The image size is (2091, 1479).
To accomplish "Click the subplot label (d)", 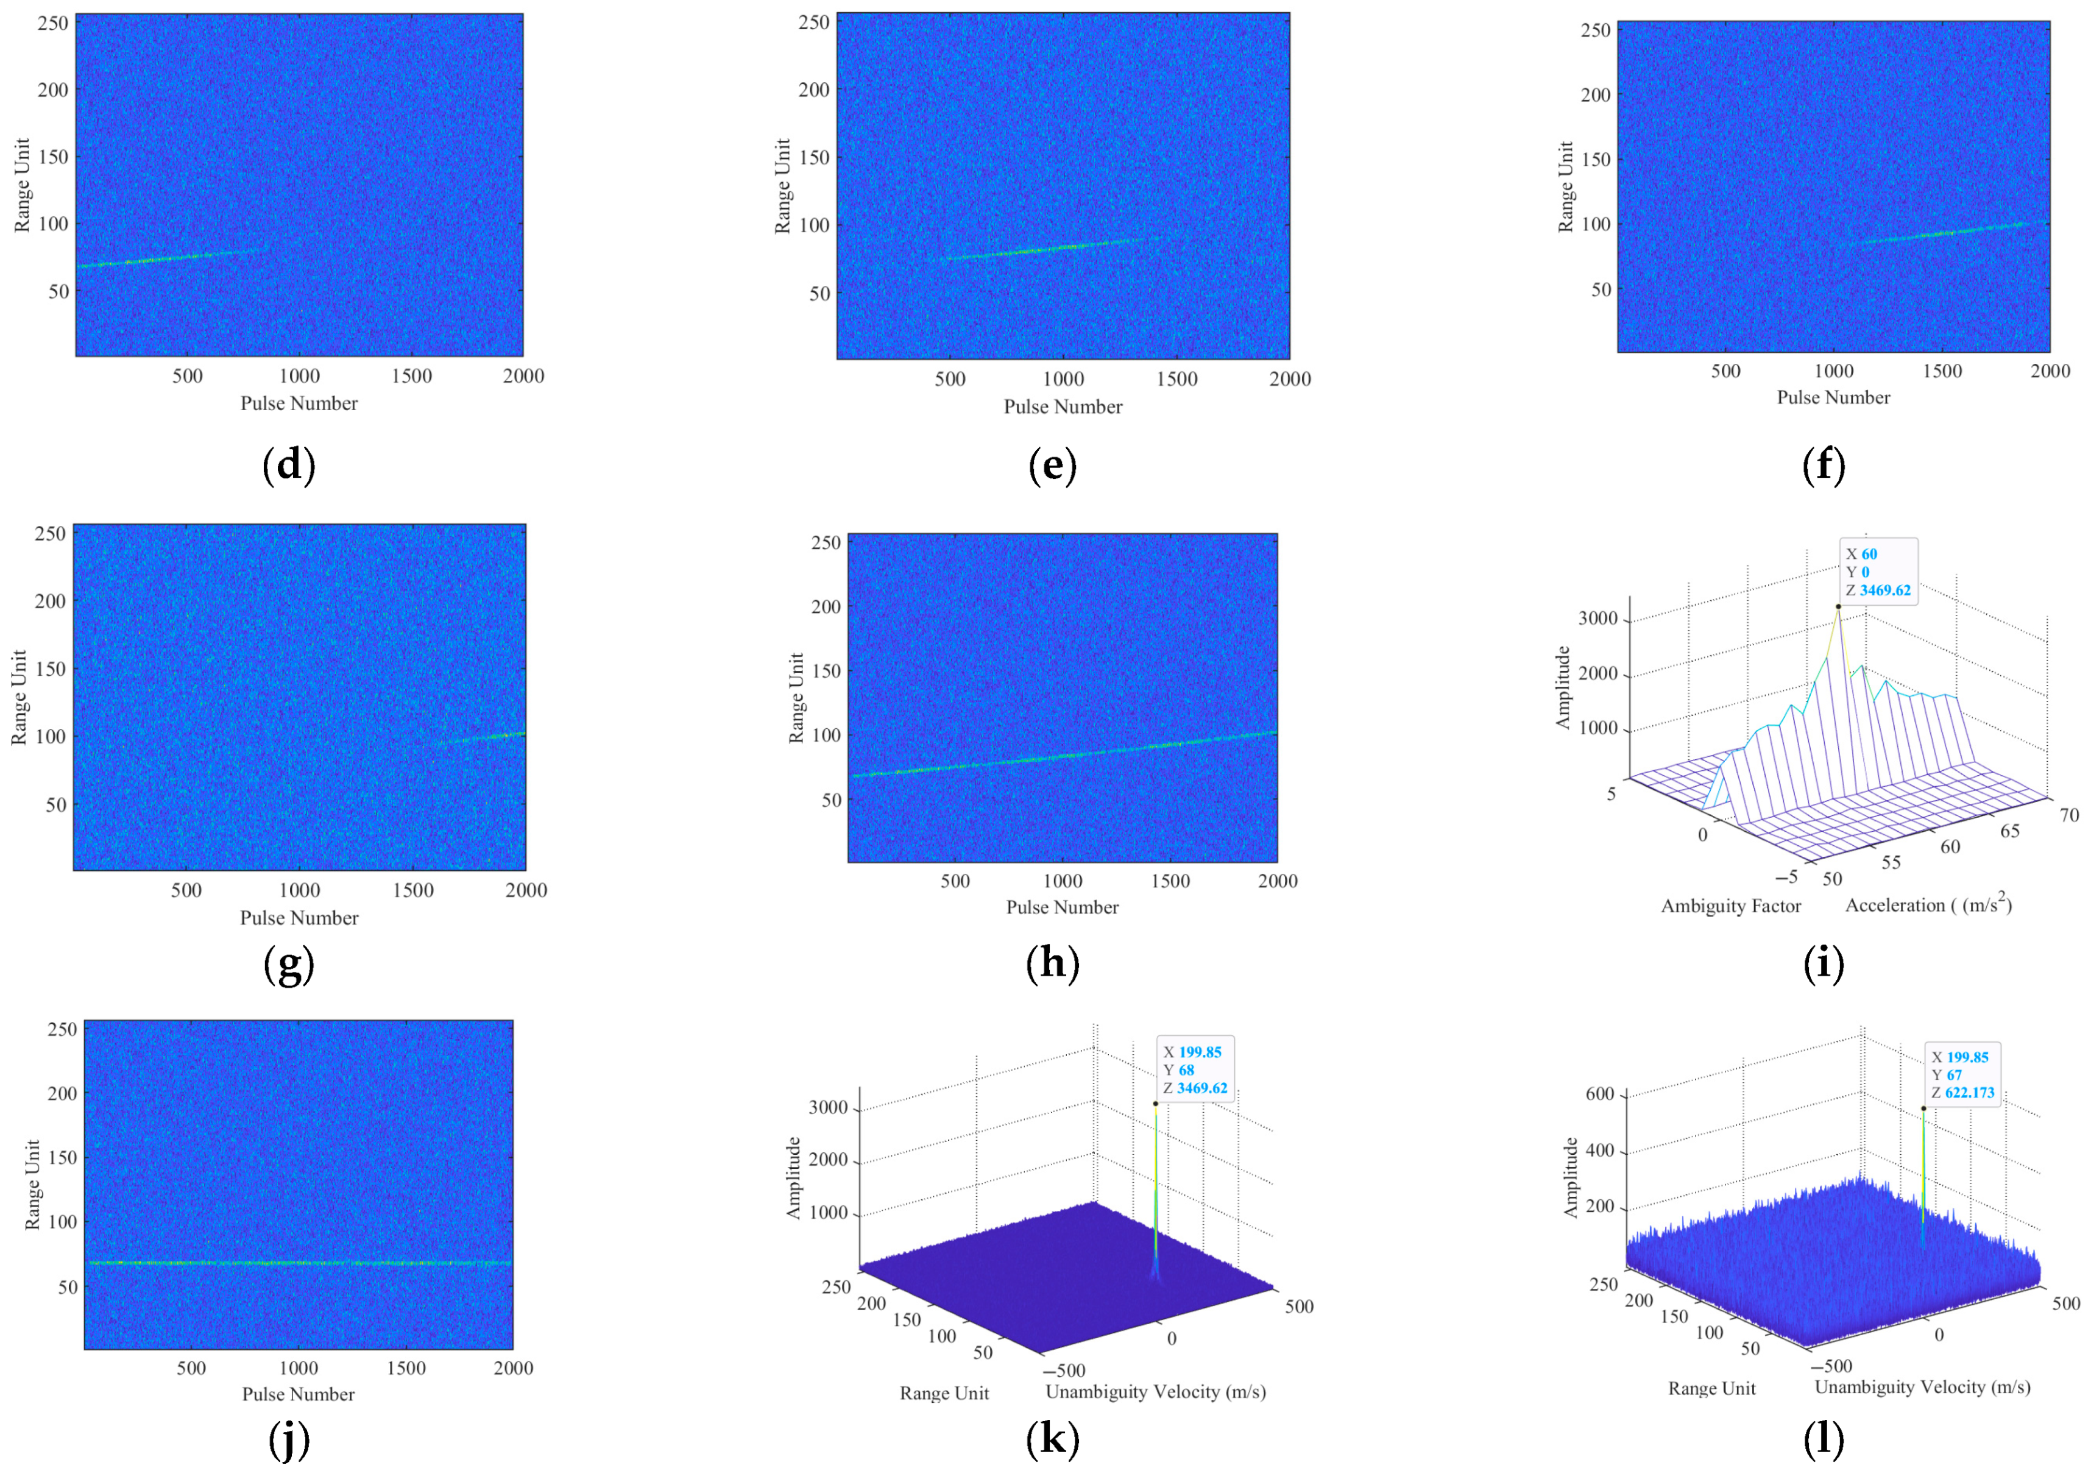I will click(289, 466).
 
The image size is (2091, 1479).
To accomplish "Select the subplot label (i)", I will click(1824, 963).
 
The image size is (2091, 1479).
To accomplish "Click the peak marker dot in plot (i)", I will click(1838, 606).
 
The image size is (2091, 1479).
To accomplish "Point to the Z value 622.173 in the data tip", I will click(1970, 1093).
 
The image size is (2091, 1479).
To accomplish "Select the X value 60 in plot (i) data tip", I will click(1869, 554).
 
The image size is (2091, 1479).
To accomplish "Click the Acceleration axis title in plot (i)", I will click(1928, 904).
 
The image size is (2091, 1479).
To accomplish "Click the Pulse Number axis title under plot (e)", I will click(1063, 407).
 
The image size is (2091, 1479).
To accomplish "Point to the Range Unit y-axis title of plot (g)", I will click(19, 698).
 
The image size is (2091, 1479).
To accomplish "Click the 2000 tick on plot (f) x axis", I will click(2050, 371).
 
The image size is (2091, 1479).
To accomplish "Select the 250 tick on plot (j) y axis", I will click(62, 1029).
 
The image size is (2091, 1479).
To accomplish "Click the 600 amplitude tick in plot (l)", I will click(1600, 1094).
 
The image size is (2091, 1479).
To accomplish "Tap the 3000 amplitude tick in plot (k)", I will click(828, 1107).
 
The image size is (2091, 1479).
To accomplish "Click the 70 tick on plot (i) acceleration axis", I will click(2069, 815).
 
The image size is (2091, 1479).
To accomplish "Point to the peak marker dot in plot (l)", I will click(1923, 1108).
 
